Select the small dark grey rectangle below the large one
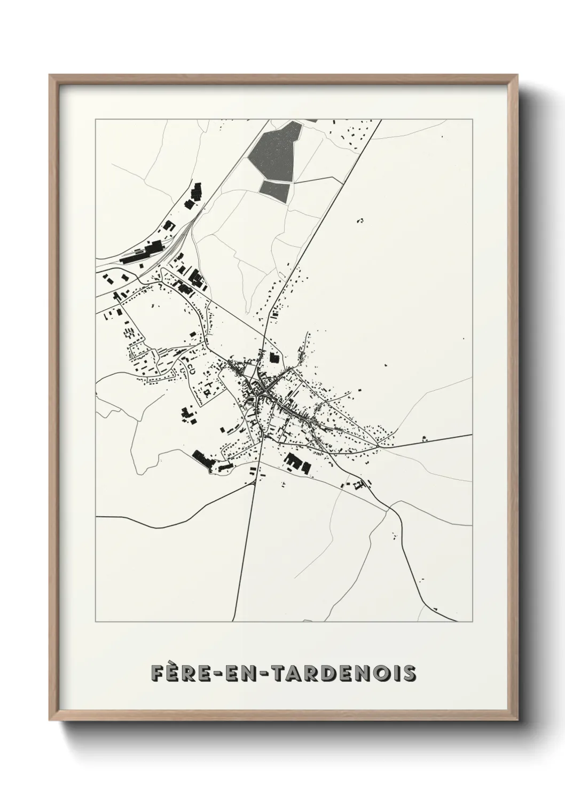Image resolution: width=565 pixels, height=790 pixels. [x=274, y=187]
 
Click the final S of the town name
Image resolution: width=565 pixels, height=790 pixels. [x=409, y=674]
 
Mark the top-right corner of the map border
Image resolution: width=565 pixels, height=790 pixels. [x=473, y=120]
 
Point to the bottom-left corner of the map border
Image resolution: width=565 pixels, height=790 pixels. [x=95, y=622]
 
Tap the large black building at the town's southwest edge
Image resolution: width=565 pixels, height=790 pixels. [x=202, y=458]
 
